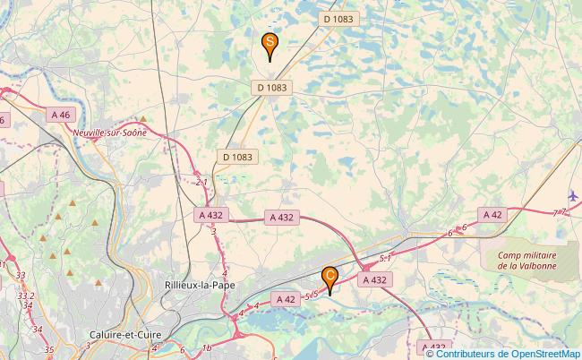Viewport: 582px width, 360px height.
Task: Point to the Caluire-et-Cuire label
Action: (121, 334)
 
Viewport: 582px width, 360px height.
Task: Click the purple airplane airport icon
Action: (573, 195)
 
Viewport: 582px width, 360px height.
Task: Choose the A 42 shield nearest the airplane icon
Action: (492, 214)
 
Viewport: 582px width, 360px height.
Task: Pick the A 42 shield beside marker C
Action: (287, 299)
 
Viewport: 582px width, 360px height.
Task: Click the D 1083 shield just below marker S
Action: (271, 87)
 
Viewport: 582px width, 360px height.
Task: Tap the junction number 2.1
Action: (201, 182)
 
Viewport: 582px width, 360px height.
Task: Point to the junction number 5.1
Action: (386, 258)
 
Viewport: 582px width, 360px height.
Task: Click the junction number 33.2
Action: (26, 295)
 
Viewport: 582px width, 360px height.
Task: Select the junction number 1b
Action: (207, 347)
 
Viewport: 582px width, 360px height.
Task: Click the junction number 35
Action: (49, 349)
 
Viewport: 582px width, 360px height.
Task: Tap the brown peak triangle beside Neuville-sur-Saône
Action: (141, 118)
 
